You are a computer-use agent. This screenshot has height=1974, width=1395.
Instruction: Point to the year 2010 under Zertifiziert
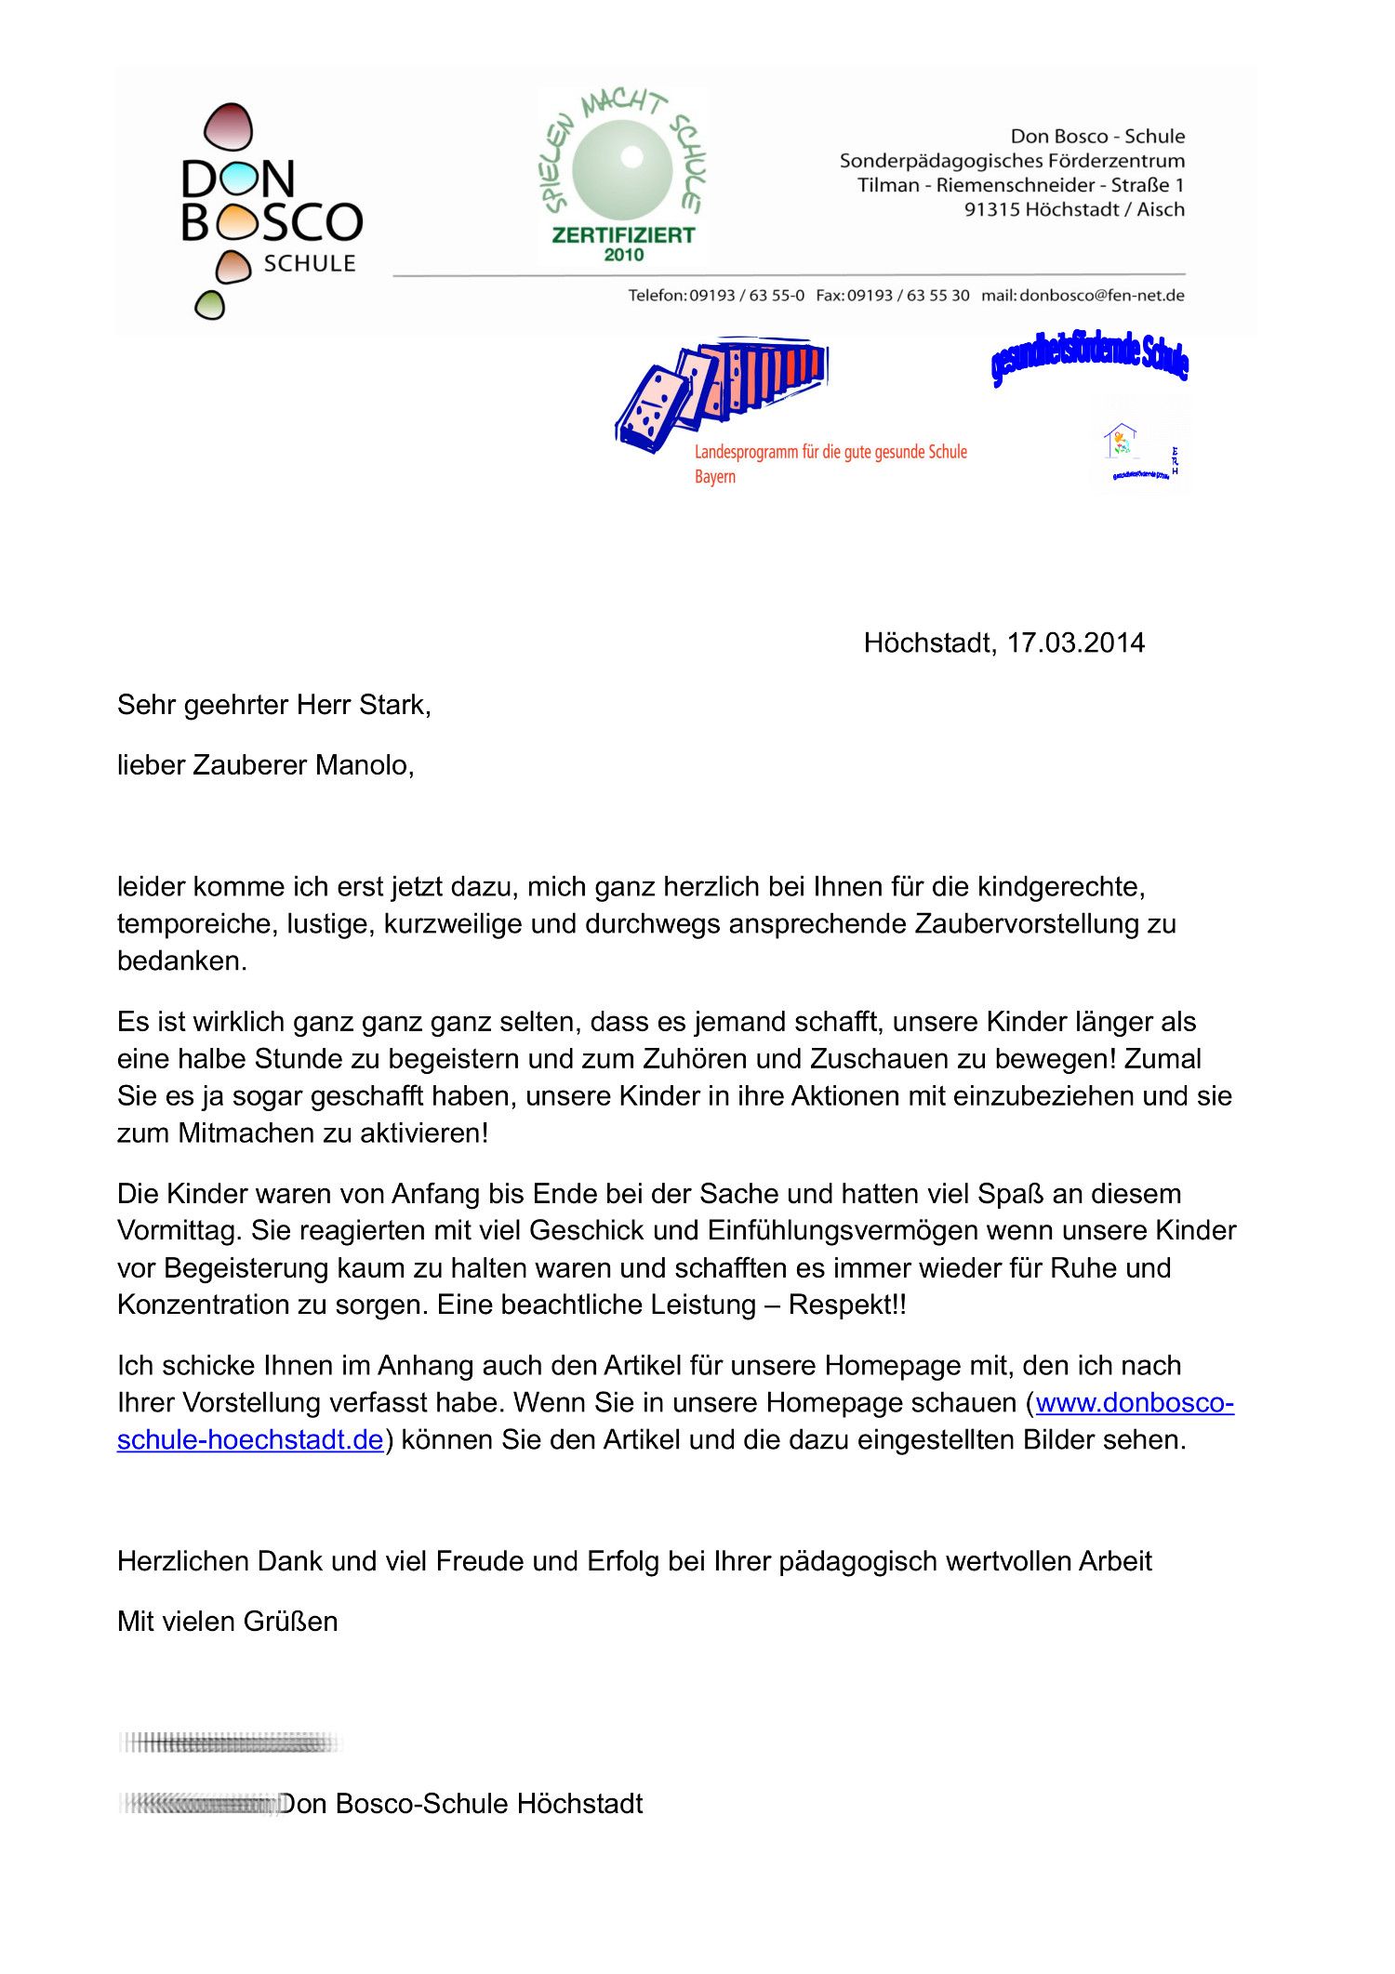tap(623, 255)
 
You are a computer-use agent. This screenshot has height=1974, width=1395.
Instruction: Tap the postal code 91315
tap(991, 209)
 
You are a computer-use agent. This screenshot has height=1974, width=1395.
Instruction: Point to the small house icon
tap(1120, 439)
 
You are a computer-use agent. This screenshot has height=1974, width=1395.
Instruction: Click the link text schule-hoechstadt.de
tap(249, 1439)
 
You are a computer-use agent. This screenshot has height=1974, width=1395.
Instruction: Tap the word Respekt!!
tap(846, 1305)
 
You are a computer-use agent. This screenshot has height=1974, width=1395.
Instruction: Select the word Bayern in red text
tap(714, 477)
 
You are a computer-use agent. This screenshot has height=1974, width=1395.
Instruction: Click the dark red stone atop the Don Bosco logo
tap(228, 126)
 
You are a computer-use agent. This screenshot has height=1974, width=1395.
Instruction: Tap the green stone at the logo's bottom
tap(209, 305)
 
